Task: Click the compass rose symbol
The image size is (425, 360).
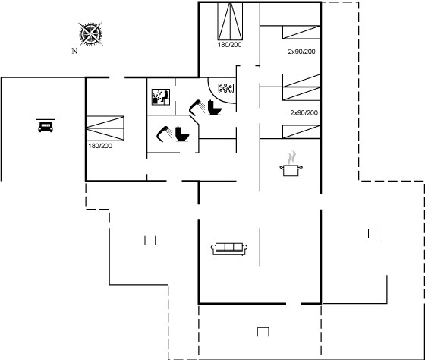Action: (x=91, y=34)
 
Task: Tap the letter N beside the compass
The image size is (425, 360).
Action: (x=74, y=51)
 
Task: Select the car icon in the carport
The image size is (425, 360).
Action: (x=46, y=127)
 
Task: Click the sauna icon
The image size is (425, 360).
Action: (x=161, y=97)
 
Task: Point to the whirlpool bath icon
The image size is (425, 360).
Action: (x=226, y=88)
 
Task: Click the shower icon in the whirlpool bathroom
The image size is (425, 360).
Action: (x=197, y=107)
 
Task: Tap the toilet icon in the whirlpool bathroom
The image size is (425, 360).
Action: (x=215, y=107)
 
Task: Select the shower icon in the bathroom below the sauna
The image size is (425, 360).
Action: (x=165, y=134)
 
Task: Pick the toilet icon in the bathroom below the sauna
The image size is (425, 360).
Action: (x=182, y=134)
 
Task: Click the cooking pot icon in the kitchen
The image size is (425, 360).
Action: (x=291, y=170)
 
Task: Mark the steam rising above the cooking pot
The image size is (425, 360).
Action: (x=291, y=158)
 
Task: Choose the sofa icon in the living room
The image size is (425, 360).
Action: (x=229, y=249)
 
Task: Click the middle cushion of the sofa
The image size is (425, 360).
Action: (x=229, y=247)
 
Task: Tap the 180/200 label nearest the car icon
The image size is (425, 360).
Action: (x=100, y=146)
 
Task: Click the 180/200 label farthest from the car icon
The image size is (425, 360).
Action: (x=229, y=45)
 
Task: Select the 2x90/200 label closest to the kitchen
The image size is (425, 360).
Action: (x=304, y=113)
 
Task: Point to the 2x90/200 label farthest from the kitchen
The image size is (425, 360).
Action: (x=302, y=52)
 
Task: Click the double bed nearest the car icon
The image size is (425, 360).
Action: (x=105, y=128)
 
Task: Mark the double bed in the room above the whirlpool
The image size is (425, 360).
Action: (x=230, y=21)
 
